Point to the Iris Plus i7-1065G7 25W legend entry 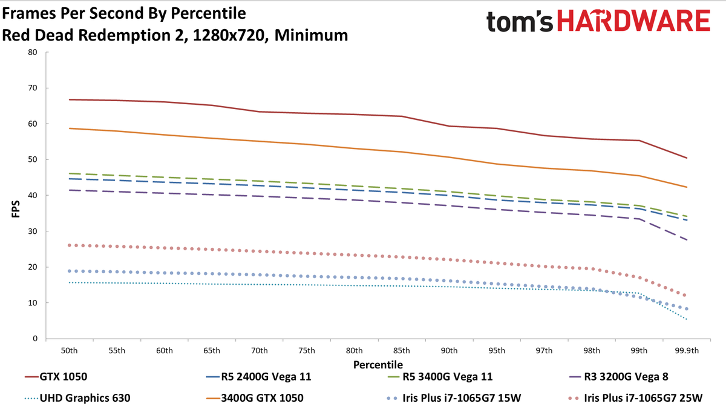[644, 398]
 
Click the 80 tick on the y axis [33, 52]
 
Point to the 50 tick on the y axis [33, 160]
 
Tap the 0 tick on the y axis [35, 339]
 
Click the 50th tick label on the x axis [69, 351]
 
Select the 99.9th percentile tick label [686, 351]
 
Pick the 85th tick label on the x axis [402, 351]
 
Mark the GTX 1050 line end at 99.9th [687, 158]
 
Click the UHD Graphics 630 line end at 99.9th [687, 319]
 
